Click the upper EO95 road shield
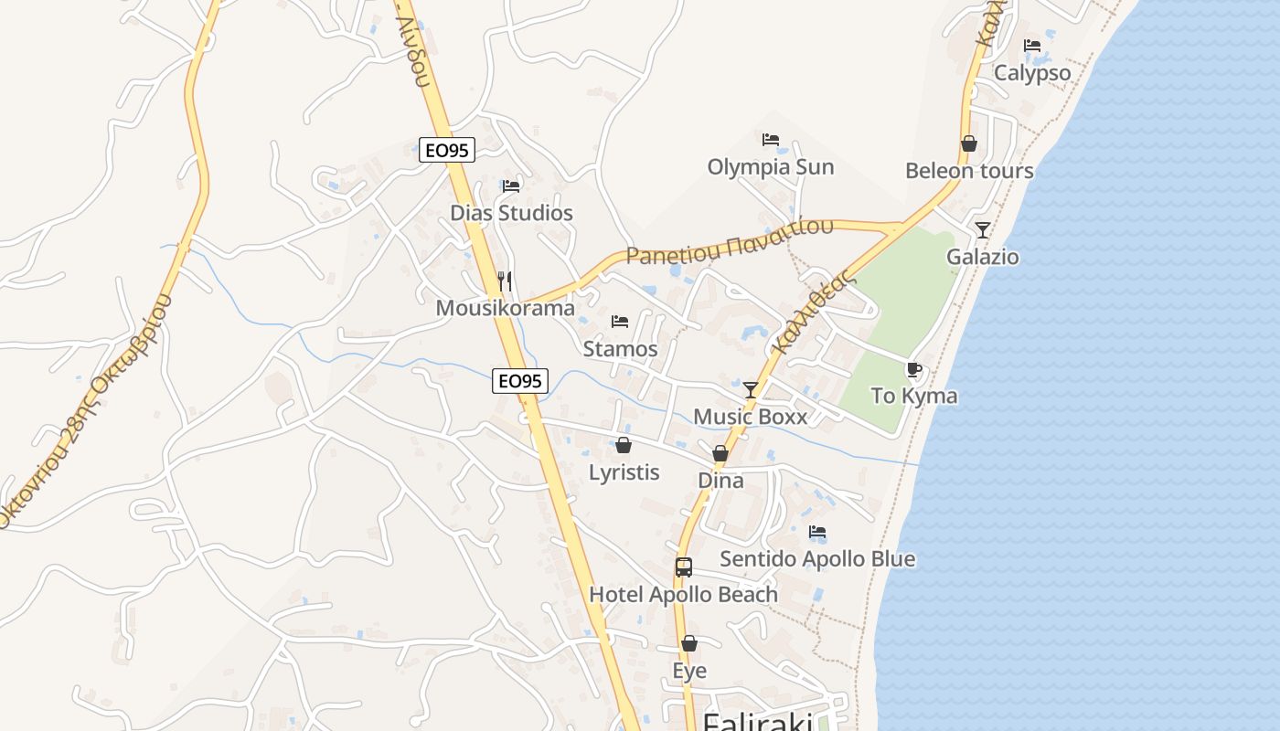447,150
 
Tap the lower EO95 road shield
520,380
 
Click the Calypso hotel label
1032,73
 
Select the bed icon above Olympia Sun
771,140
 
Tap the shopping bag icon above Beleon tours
969,143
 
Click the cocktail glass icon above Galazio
983,229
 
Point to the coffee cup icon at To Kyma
913,369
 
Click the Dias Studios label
511,213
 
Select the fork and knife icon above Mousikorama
505,280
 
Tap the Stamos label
620,349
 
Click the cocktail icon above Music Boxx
751,390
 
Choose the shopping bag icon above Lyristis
624,445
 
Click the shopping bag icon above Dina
720,453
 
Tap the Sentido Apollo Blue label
817,558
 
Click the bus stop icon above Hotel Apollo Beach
684,567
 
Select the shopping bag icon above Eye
689,643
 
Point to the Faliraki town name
757,722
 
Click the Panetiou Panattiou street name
730,241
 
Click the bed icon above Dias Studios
511,186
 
